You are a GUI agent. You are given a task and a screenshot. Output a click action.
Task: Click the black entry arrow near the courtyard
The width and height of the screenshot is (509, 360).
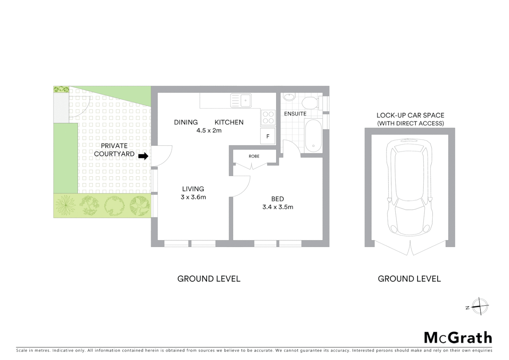pos(143,156)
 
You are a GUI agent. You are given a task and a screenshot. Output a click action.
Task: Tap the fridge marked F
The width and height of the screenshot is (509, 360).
pos(268,136)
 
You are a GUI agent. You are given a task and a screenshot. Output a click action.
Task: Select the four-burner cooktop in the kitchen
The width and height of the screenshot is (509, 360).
pos(268,117)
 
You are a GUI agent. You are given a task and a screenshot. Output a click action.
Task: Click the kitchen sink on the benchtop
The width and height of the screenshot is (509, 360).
pos(241,100)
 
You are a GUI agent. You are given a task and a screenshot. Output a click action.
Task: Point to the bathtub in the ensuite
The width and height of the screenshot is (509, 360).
pos(313,135)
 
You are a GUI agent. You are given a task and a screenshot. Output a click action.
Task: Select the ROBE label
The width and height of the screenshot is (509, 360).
pos(254,156)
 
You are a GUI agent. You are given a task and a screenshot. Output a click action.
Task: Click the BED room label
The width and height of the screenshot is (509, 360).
pos(277,199)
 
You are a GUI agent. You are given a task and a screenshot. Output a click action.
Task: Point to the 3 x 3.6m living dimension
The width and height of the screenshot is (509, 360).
pos(193,197)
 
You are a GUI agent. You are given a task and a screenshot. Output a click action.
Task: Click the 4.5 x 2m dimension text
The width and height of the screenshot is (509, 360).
pos(209,130)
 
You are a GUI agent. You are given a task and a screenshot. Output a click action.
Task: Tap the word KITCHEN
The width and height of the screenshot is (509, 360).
pos(229,122)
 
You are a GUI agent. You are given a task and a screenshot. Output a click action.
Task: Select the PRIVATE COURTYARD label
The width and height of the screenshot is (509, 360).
pos(114,150)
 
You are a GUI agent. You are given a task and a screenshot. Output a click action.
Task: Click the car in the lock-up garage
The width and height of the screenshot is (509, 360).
pos(409,187)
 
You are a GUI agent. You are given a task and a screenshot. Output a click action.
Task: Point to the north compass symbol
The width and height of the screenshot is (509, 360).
pos(479,306)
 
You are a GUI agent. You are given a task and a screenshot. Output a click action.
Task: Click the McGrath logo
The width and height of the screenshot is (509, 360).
pos(458,338)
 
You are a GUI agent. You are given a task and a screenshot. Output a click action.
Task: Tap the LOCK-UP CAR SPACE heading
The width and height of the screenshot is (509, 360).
pos(410,115)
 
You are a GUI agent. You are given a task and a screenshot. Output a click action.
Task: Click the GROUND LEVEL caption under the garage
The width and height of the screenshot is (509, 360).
pos(409,279)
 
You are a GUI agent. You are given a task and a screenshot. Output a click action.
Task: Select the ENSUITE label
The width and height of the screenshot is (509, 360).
pos(295,114)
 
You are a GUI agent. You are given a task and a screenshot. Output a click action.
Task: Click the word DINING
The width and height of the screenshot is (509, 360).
pos(186,122)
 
